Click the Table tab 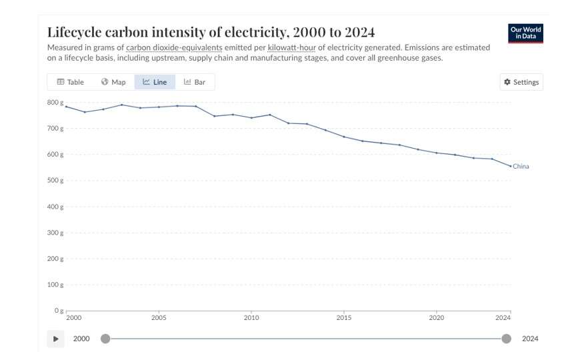tap(70, 82)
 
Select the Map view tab tap(113, 82)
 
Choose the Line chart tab tap(155, 82)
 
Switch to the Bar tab tap(195, 82)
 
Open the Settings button tap(521, 82)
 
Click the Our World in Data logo tap(525, 33)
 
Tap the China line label tap(521, 167)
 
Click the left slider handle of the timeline tap(105, 339)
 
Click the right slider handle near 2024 tap(506, 339)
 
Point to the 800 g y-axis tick tap(55, 103)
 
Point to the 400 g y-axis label tap(55, 207)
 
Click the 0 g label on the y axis tap(59, 311)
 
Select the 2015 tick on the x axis tap(344, 318)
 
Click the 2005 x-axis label tap(159, 318)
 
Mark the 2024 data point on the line tap(510, 166)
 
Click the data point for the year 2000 tap(66, 107)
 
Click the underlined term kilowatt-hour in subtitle tap(292, 48)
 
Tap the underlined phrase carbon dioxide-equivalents tap(174, 48)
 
